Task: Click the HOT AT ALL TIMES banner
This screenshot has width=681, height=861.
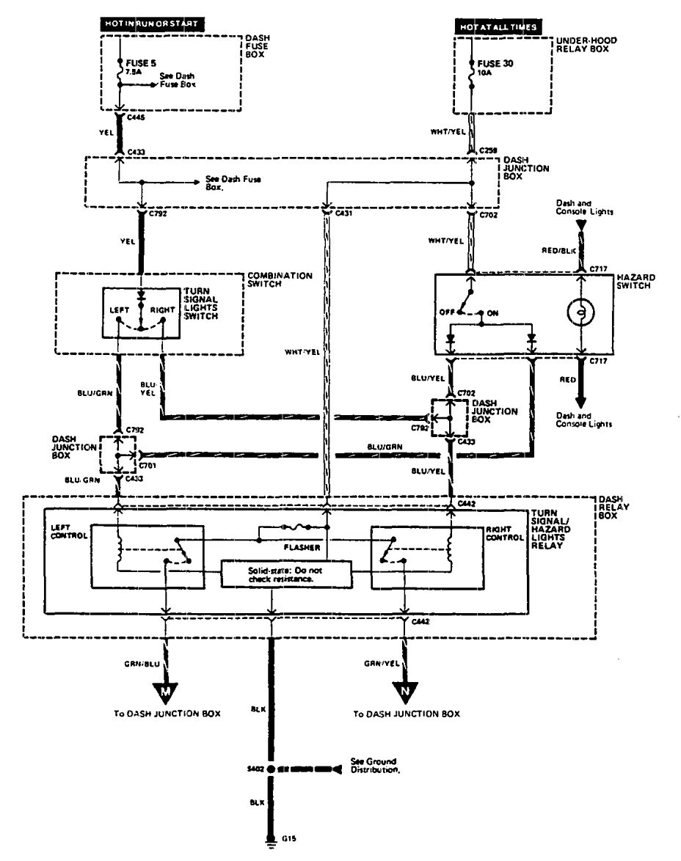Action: click(x=499, y=27)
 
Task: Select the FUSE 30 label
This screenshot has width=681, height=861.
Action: click(x=498, y=64)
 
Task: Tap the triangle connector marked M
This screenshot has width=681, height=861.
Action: click(x=164, y=690)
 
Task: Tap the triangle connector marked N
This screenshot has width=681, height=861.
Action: click(x=405, y=690)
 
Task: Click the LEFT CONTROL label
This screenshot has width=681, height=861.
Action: click(x=69, y=532)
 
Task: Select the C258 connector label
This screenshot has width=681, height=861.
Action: click(x=487, y=151)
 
